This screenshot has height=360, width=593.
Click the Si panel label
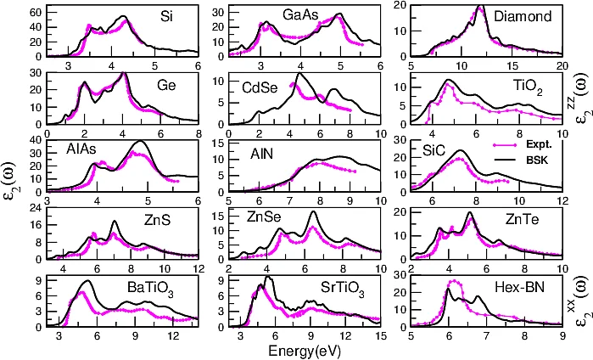pos(170,16)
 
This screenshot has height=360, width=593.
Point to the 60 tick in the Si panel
pos(36,13)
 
